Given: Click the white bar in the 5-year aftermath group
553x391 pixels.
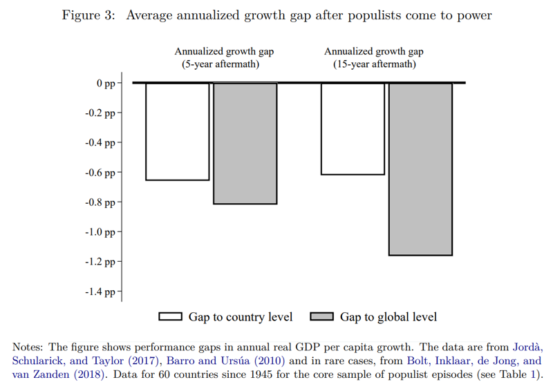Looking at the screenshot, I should (177, 131).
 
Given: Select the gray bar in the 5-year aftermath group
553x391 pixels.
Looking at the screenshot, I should (245, 143).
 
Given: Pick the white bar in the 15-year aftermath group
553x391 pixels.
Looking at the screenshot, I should (353, 128).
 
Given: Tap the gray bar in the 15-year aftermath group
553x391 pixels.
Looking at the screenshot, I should (420, 169).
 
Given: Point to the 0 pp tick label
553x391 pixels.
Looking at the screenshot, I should (106, 83).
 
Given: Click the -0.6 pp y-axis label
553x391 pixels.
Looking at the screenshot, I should (100, 173).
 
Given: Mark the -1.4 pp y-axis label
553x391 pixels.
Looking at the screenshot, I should (100, 292).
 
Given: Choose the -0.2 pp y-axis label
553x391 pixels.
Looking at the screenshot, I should (100, 113).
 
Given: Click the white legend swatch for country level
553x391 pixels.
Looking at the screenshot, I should (170, 317).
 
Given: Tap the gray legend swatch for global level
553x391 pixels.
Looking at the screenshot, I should (321, 317).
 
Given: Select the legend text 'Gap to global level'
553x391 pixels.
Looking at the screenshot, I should (388, 317).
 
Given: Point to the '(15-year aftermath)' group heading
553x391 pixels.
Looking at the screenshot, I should (374, 64).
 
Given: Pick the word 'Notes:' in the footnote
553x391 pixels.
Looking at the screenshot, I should (28, 347).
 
